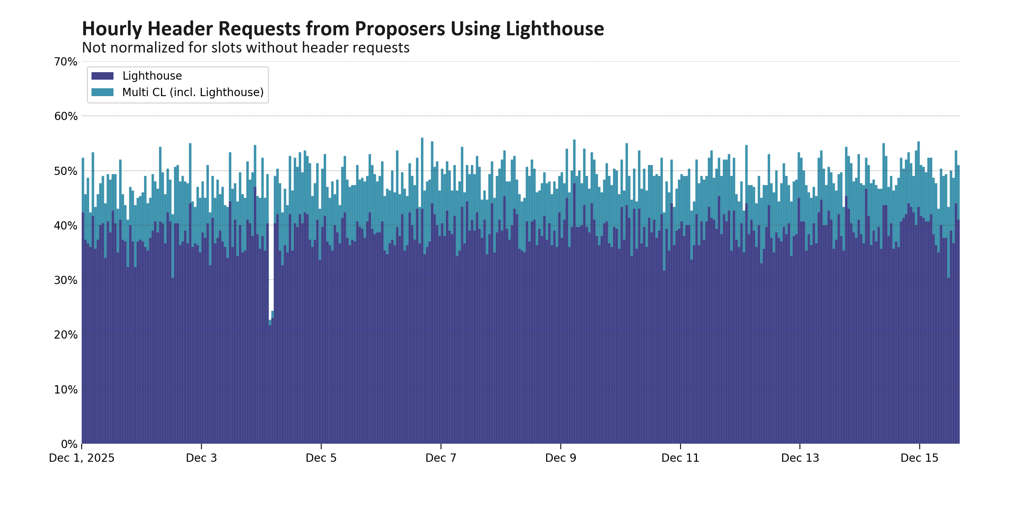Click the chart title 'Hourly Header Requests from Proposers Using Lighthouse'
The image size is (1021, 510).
tap(342, 29)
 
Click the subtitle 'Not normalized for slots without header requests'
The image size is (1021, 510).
tap(245, 47)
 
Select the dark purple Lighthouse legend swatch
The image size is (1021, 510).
tap(102, 76)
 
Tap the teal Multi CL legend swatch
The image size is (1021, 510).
tap(102, 92)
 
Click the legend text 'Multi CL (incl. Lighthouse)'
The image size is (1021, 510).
tap(193, 92)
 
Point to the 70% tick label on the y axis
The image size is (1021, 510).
tap(66, 62)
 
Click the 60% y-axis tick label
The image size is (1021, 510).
tap(66, 117)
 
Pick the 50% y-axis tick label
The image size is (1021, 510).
tap(66, 171)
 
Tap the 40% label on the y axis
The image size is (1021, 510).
tap(66, 226)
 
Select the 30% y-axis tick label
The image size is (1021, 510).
tap(66, 280)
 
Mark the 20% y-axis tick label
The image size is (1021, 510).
tap(66, 335)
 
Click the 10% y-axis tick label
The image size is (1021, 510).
tap(66, 390)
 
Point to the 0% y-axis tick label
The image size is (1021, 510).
tap(69, 444)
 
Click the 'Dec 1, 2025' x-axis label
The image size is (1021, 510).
tap(82, 458)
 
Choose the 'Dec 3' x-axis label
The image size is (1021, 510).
tap(201, 458)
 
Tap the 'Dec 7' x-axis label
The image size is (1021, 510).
tap(441, 458)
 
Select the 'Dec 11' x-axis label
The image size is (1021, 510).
tap(680, 458)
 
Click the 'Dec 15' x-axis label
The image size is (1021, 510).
tap(920, 458)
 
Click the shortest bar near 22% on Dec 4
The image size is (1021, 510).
tap(270, 382)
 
